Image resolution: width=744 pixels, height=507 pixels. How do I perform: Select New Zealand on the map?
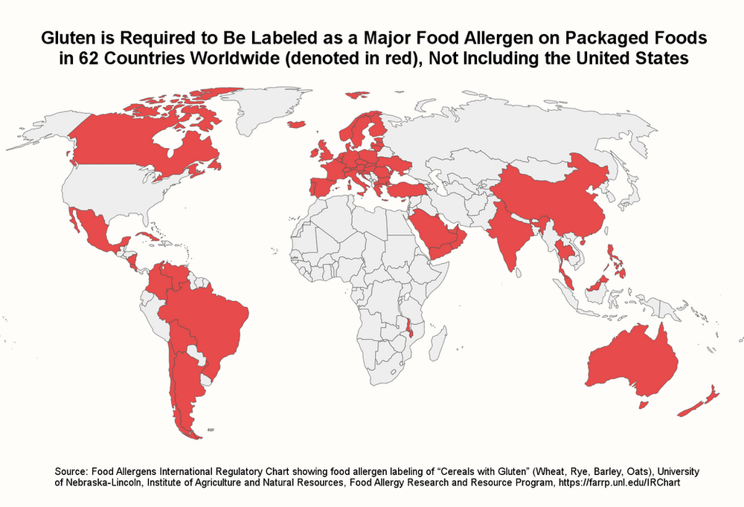coord(700,401)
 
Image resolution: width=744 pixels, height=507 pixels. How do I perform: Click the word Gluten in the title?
coord(65,36)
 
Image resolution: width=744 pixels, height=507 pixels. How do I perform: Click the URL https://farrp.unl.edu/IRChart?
coord(622,482)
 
